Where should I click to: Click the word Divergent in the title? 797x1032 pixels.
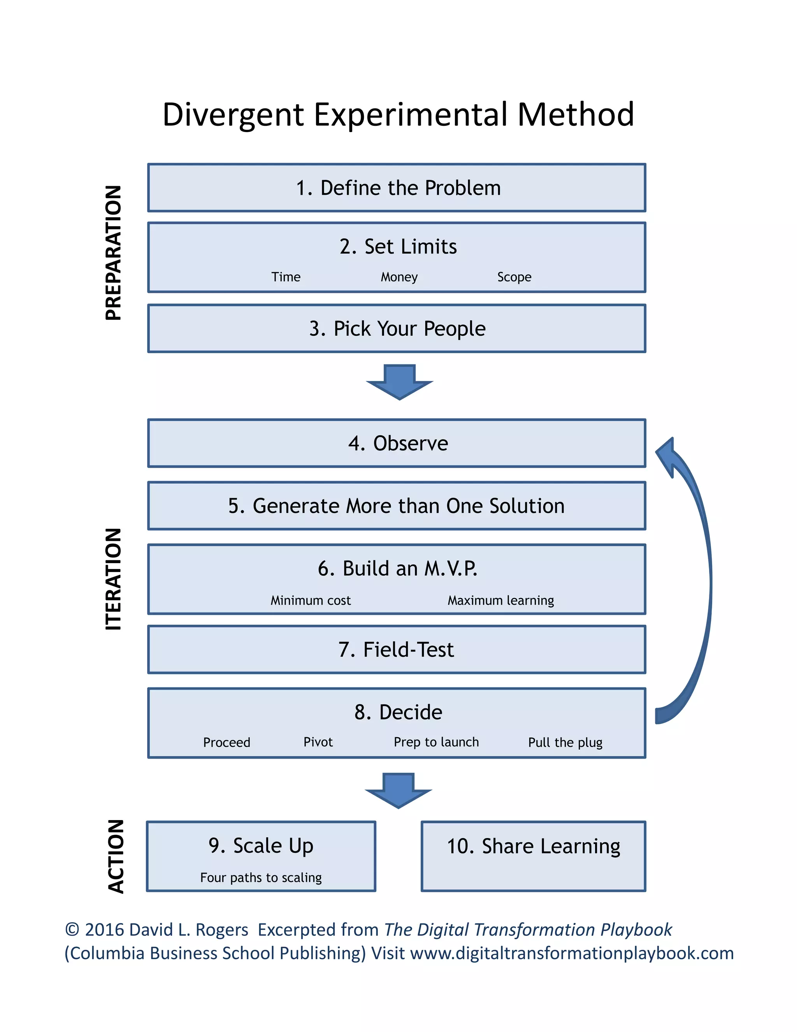[x=233, y=115]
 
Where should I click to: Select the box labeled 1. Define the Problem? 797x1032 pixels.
[x=397, y=188]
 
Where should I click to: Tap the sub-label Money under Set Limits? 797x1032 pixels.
[x=399, y=277]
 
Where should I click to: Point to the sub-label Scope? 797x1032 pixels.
[x=514, y=277]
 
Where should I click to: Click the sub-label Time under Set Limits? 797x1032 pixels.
[x=286, y=277]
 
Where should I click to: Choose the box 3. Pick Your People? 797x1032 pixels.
[x=397, y=328]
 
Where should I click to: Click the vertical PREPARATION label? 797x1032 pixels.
[x=114, y=253]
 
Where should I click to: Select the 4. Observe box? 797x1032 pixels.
[x=397, y=443]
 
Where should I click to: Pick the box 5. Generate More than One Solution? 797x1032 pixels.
[x=397, y=505]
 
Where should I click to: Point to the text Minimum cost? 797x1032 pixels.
[x=310, y=601]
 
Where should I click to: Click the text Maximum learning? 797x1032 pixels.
[x=500, y=601]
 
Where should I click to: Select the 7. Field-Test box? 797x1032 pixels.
[x=397, y=650]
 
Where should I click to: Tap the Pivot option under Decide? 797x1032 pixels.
[x=318, y=742]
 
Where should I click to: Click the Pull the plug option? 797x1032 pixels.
[x=565, y=742]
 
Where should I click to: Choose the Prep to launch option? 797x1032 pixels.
[x=436, y=742]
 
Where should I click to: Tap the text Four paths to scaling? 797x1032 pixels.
[x=261, y=877]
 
